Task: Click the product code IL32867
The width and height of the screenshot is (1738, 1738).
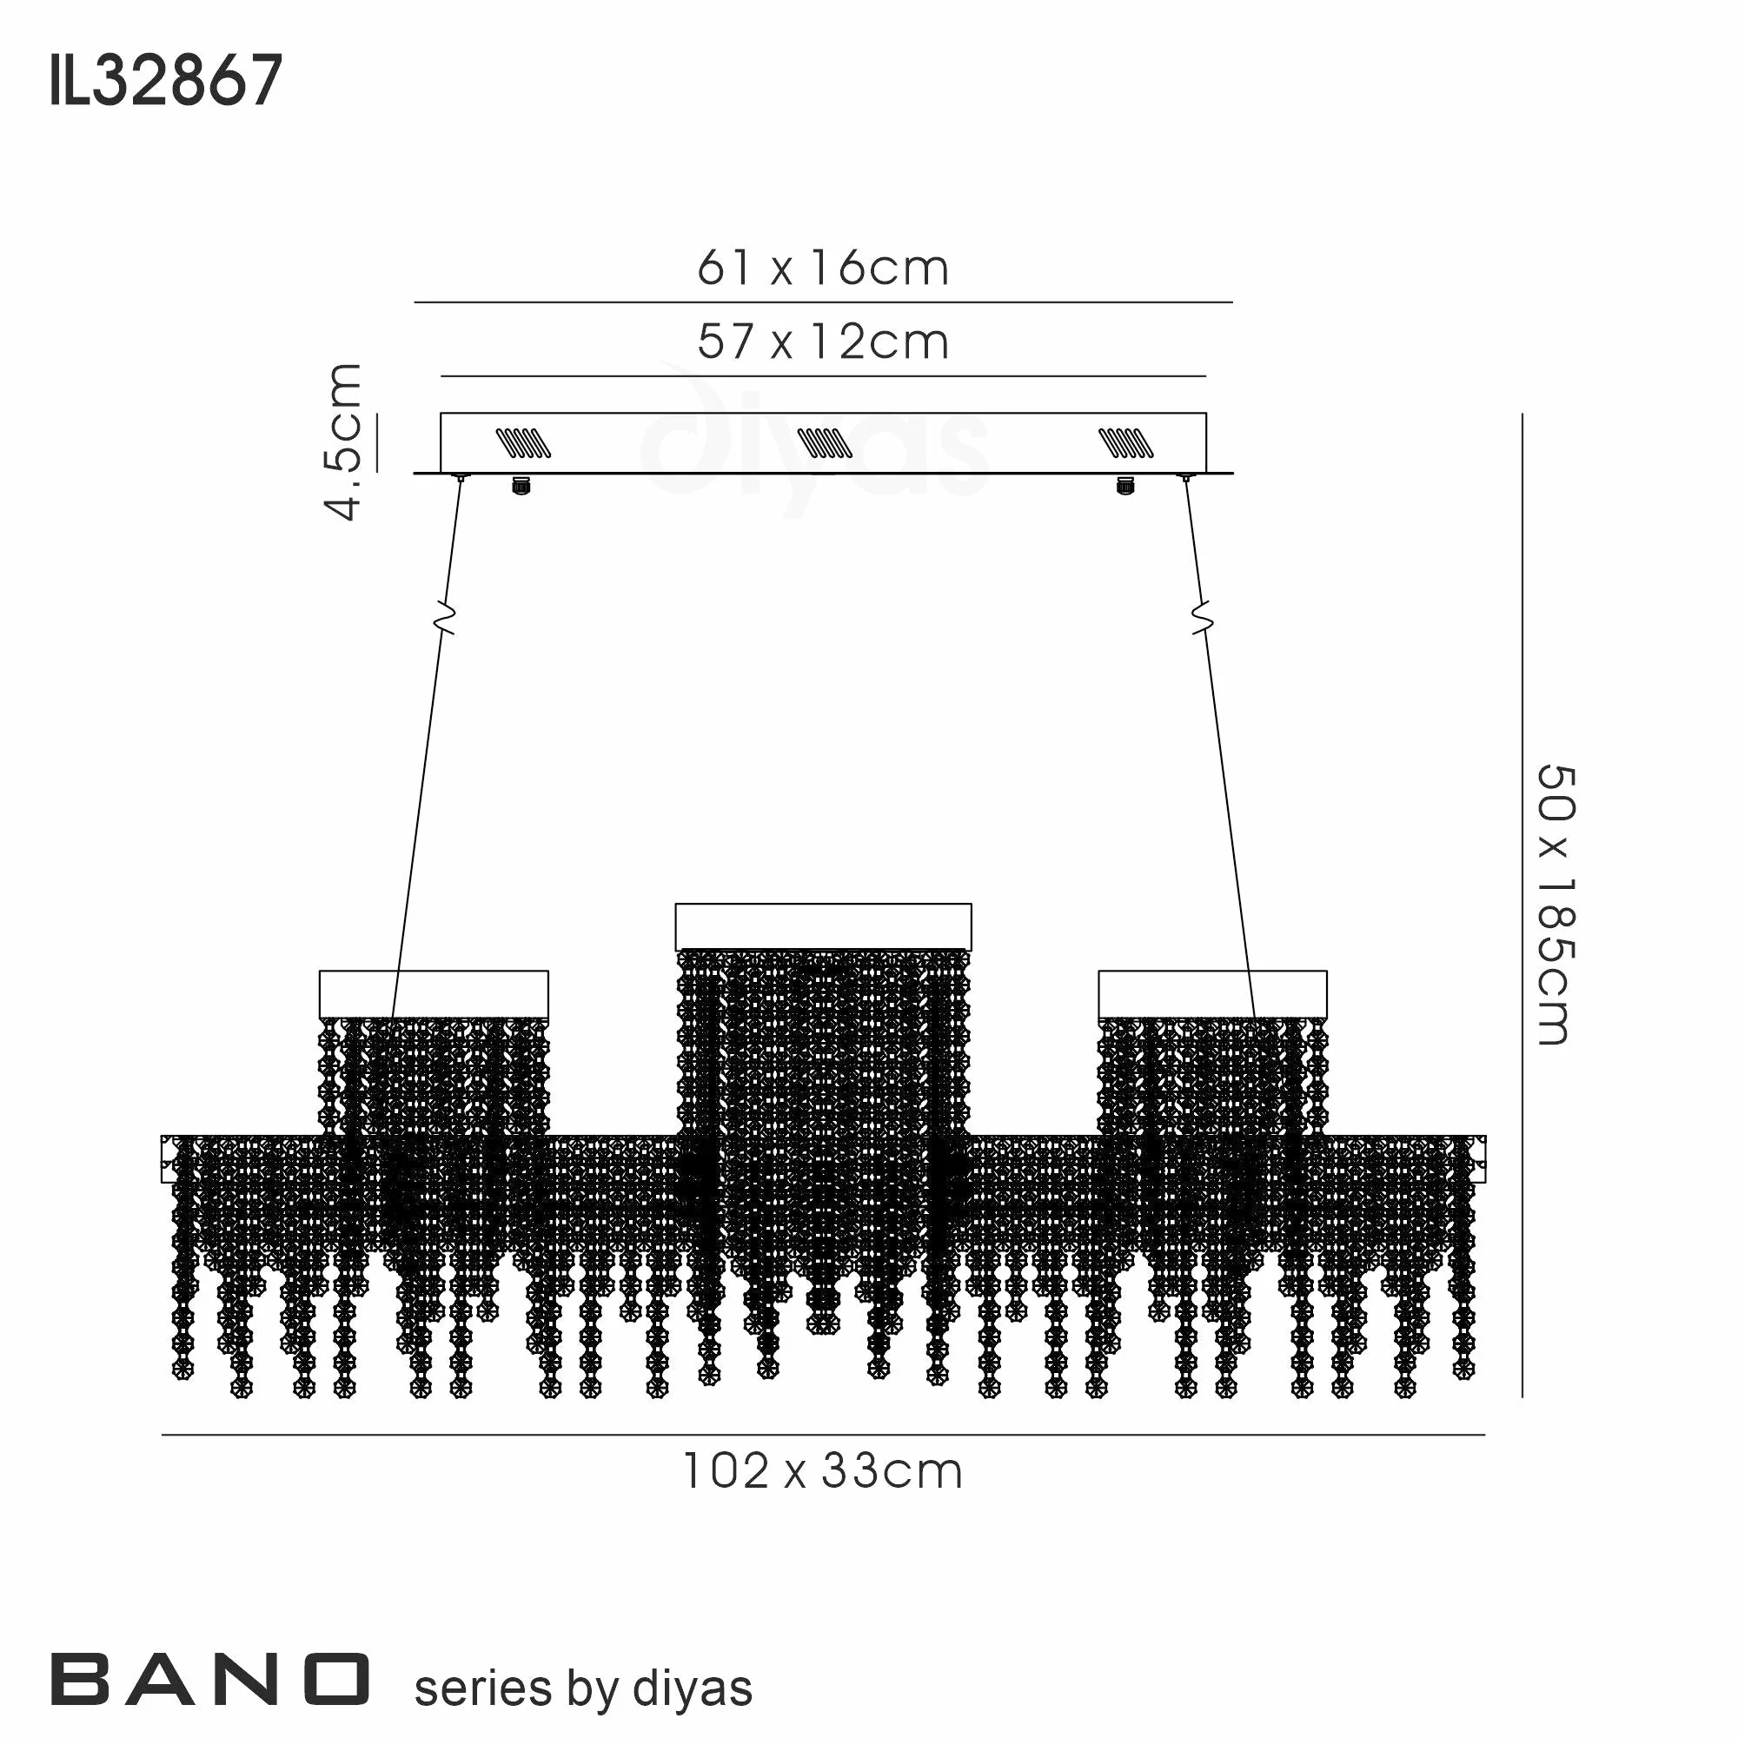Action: tap(167, 81)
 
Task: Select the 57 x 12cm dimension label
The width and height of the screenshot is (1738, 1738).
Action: tap(823, 342)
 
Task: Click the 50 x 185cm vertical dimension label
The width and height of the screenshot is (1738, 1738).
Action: tap(1555, 905)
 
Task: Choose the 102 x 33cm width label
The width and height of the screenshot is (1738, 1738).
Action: tap(823, 1473)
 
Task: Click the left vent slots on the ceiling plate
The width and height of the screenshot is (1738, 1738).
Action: tap(523, 442)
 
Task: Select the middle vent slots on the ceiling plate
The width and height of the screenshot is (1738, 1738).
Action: tap(824, 442)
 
